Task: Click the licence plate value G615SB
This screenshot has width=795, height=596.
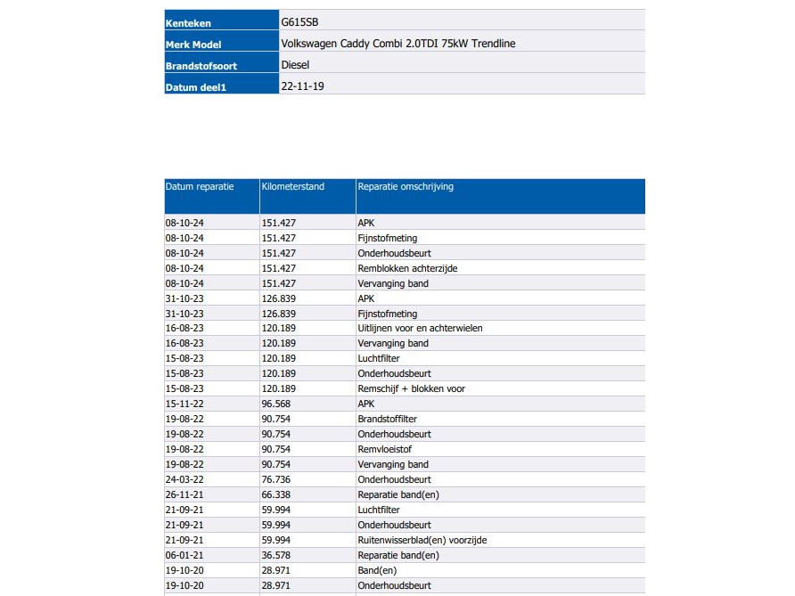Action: pyautogui.click(x=299, y=22)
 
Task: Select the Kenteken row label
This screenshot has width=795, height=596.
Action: pyautogui.click(x=188, y=23)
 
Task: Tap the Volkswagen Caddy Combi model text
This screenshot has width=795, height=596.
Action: pyautogui.click(x=397, y=44)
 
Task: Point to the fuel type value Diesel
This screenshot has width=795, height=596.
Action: pyautogui.click(x=295, y=65)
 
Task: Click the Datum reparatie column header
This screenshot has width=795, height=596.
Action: pyautogui.click(x=200, y=187)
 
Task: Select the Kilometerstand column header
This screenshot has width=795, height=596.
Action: pyautogui.click(x=293, y=187)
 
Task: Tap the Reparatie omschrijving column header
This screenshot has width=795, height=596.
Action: pyautogui.click(x=406, y=187)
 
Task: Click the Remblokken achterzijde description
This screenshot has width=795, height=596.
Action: pyautogui.click(x=406, y=268)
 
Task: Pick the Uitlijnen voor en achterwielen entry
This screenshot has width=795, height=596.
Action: pyautogui.click(x=420, y=328)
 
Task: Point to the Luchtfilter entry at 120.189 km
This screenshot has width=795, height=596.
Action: pyautogui.click(x=379, y=358)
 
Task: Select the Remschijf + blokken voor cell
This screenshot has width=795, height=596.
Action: pyautogui.click(x=411, y=388)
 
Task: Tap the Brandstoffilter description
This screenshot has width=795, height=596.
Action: pyautogui.click(x=387, y=419)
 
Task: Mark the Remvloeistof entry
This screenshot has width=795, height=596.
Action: pyautogui.click(x=383, y=449)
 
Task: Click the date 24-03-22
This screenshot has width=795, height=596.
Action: pyautogui.click(x=184, y=479)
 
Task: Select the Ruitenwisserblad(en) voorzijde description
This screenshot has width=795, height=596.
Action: pyautogui.click(x=422, y=540)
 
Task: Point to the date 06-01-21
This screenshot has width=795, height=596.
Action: pyautogui.click(x=184, y=555)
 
